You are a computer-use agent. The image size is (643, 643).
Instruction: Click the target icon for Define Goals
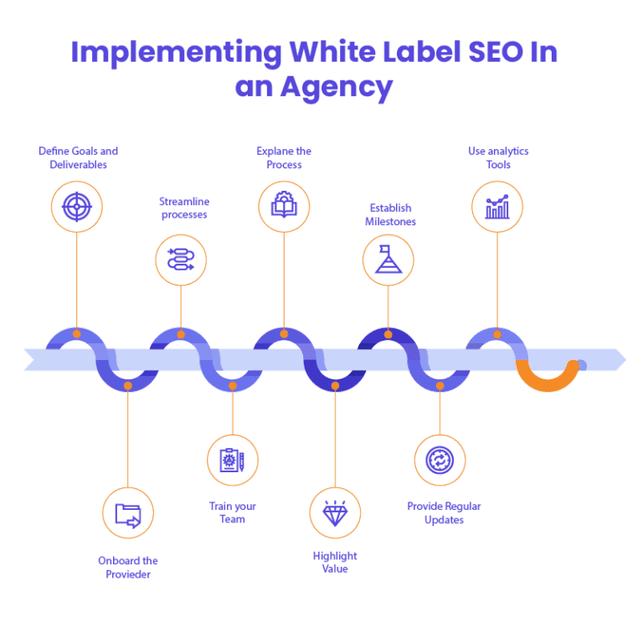pyautogui.click(x=77, y=206)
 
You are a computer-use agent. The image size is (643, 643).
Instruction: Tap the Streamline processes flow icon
pyautogui.click(x=181, y=259)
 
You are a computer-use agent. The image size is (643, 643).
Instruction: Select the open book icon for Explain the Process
pyautogui.click(x=284, y=206)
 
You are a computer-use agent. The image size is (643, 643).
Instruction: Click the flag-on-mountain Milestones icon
pyautogui.click(x=388, y=260)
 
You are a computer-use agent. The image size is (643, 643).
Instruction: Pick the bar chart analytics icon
pyautogui.click(x=497, y=206)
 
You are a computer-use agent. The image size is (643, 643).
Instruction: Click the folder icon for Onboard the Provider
pyautogui.click(x=128, y=513)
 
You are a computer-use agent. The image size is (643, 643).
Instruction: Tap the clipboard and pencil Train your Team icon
pyautogui.click(x=233, y=460)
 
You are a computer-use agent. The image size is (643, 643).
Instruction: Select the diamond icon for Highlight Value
pyautogui.click(x=335, y=513)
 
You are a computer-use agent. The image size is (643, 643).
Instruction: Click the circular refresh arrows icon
pyautogui.click(x=440, y=460)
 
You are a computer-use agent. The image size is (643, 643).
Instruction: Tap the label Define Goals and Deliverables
pyautogui.click(x=78, y=158)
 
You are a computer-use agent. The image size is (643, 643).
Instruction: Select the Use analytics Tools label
pyautogui.click(x=498, y=158)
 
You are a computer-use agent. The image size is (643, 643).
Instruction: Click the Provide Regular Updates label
pyautogui.click(x=445, y=513)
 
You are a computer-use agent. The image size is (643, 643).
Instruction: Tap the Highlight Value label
pyautogui.click(x=334, y=563)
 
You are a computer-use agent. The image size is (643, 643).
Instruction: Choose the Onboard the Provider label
pyautogui.click(x=127, y=568)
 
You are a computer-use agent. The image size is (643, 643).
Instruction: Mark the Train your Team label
pyautogui.click(x=233, y=512)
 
